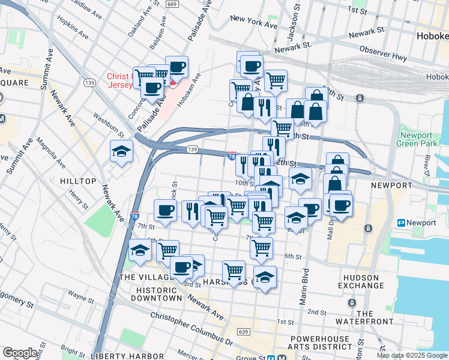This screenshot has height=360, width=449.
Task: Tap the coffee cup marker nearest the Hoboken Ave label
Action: (x=176, y=68)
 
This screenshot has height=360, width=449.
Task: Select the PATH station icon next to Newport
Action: (x=402, y=223)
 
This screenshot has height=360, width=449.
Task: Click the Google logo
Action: (x=20, y=353)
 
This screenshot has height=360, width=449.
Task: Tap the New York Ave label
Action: (x=254, y=23)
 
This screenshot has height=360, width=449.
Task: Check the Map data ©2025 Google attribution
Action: (x=411, y=355)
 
